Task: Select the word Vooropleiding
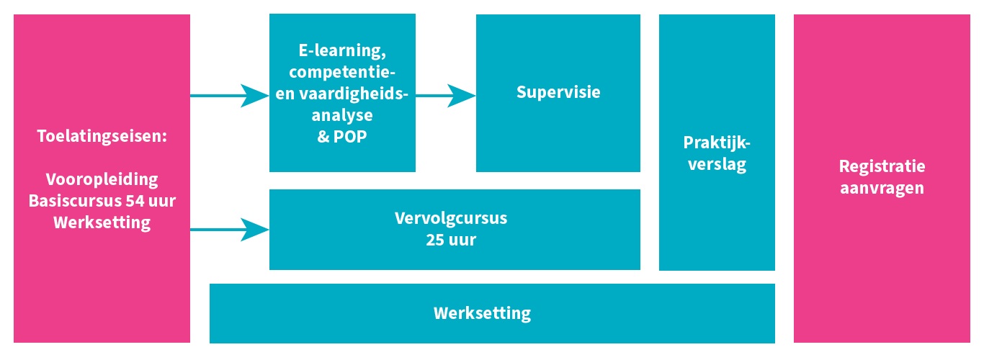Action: [102, 179]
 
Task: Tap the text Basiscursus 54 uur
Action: [102, 200]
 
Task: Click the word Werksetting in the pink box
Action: [102, 222]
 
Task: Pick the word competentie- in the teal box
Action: [342, 72]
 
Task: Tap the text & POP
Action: [342, 137]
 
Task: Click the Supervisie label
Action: [558, 92]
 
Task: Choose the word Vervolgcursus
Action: [451, 218]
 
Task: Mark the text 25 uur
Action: [451, 240]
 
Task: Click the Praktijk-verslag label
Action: [717, 153]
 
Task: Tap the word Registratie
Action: [882, 166]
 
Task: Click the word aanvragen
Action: [882, 188]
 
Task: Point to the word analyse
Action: [342, 115]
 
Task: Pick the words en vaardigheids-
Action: [342, 94]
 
